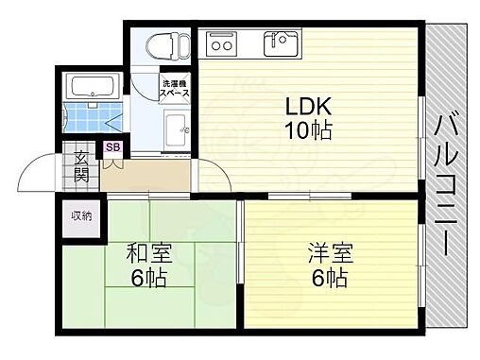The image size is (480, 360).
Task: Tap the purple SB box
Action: point(112,147)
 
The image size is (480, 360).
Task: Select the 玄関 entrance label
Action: point(81,166)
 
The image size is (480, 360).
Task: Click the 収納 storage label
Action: point(82,216)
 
